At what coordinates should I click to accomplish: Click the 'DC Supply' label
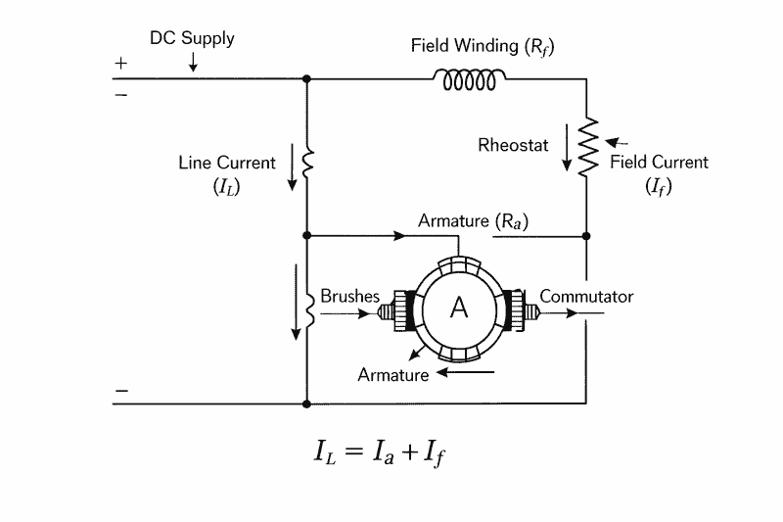pos(192,39)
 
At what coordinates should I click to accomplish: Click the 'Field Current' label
pos(659,163)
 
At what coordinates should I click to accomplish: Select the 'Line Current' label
pos(227,163)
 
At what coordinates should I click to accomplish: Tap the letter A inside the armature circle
pos(458,308)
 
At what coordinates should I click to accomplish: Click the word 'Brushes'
pos(349,296)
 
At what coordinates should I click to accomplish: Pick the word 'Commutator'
pos(586,296)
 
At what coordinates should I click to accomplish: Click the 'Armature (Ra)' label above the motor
pos(473,221)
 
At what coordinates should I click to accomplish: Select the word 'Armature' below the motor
pos(392,374)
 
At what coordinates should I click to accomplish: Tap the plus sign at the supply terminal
pos(121,63)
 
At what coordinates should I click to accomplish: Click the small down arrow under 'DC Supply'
pos(193,61)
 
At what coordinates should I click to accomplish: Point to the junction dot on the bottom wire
pos(307,403)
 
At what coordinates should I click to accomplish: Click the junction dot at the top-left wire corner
pos(307,78)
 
